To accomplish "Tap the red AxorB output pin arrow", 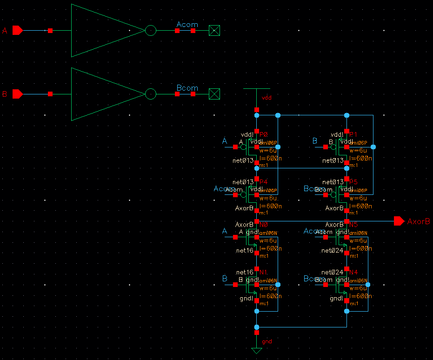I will coord(399,221).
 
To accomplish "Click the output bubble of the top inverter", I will coord(151,31).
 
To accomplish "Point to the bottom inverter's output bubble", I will coord(151,94).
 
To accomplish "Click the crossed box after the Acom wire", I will coord(214,31).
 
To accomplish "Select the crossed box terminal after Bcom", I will coord(214,94).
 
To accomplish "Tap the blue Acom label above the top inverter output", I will coord(187,24).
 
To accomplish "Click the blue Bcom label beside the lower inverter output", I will coord(187,87).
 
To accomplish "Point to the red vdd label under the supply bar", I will coord(266,98).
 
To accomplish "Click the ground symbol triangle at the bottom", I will coord(257,350).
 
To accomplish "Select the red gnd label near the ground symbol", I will coord(266,341).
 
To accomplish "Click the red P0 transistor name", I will coord(264,134).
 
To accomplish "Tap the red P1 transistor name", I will coord(353,134).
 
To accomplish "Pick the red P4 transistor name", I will coord(264,181).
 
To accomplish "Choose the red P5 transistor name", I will coord(353,181).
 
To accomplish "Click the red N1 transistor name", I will coord(264,272).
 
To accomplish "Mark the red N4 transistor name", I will coord(353,272).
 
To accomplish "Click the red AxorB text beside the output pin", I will coord(418,221).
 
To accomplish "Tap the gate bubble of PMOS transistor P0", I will coord(243,147).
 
